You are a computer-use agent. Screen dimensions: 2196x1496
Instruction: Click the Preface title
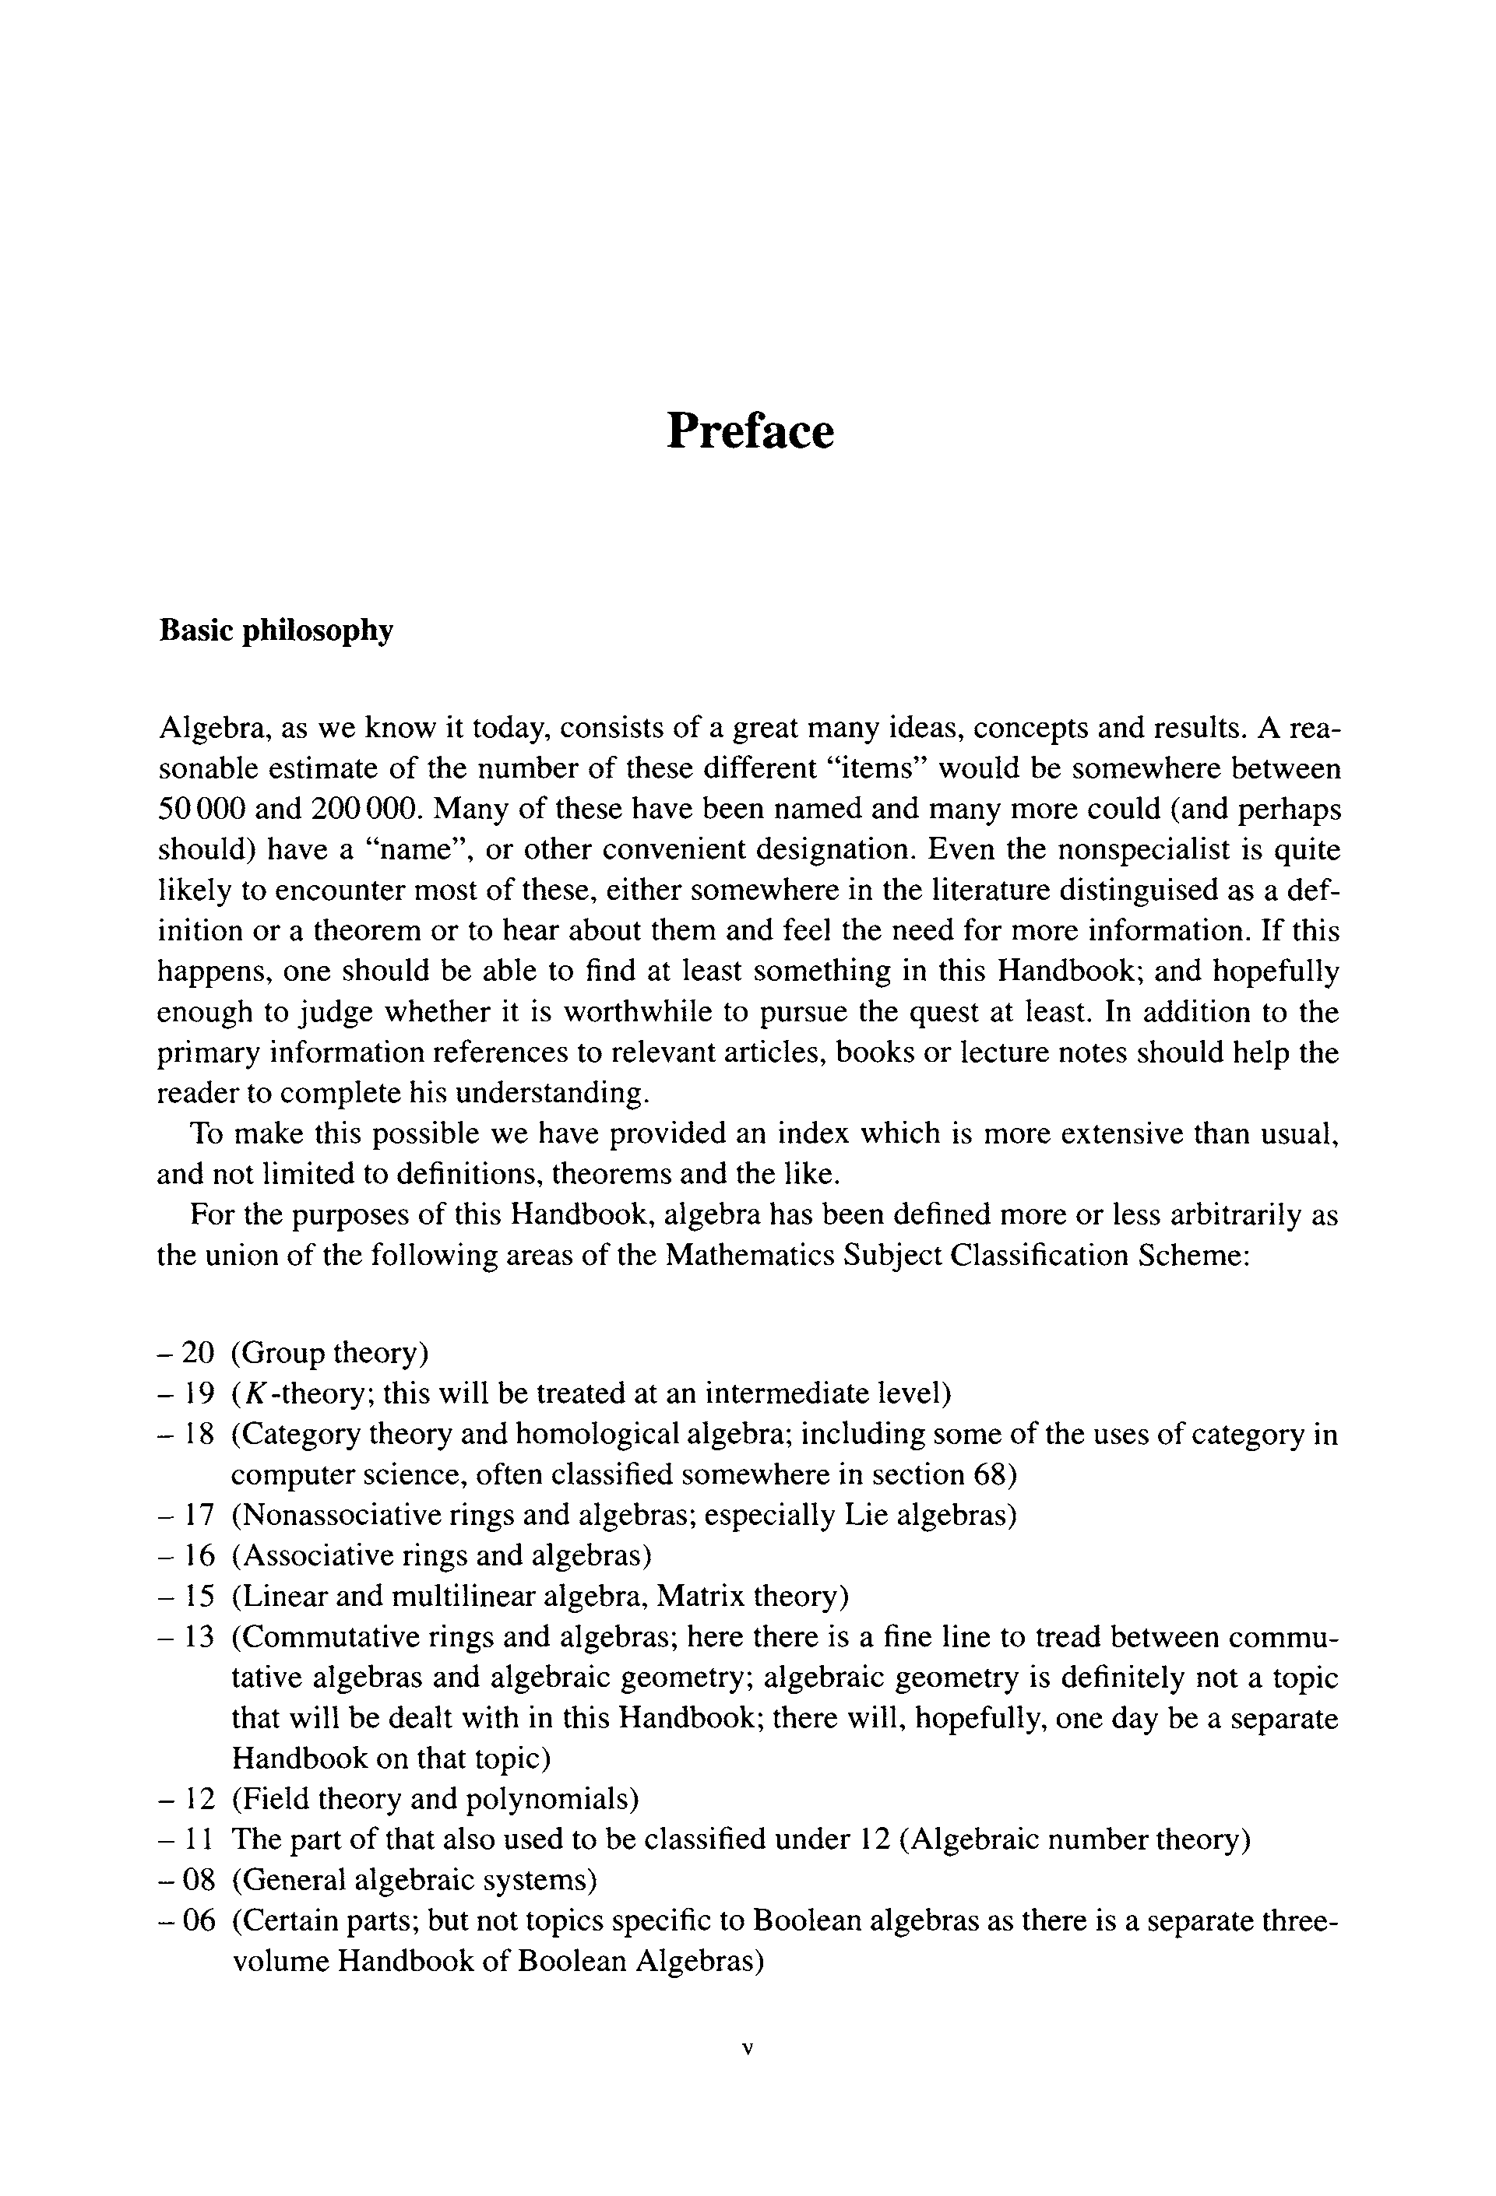(749, 432)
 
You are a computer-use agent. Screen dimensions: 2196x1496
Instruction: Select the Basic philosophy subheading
(275, 631)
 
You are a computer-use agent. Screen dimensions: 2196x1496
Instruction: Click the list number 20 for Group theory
(199, 1353)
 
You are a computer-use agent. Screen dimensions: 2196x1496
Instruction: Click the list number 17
(199, 1516)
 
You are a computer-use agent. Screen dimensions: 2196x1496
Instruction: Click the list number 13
(199, 1638)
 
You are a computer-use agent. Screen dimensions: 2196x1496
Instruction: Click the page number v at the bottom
(748, 2050)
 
